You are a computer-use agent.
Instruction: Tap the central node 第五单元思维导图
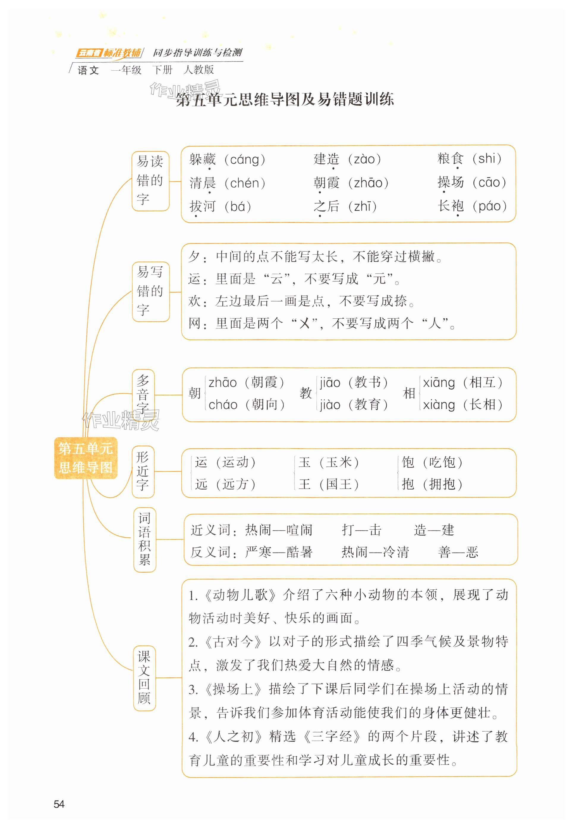pyautogui.click(x=86, y=458)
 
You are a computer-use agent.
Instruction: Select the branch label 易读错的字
pyautogui.click(x=150, y=181)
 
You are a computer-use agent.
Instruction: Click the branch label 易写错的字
pyautogui.click(x=150, y=291)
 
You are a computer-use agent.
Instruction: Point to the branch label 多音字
pyautogui.click(x=143, y=394)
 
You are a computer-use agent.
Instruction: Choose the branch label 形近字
pyautogui.click(x=143, y=471)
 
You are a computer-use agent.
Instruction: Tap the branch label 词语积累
pyautogui.click(x=144, y=539)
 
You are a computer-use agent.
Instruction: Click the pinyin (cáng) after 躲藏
pyautogui.click(x=245, y=159)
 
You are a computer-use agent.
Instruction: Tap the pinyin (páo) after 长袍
pyautogui.click(x=490, y=206)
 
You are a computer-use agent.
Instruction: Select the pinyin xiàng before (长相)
pyautogui.click(x=438, y=405)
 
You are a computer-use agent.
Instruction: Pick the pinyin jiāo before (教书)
pyautogui.click(x=330, y=383)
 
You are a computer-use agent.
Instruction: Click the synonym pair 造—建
pyautogui.click(x=434, y=530)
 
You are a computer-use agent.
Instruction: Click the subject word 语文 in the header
pyautogui.click(x=88, y=70)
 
